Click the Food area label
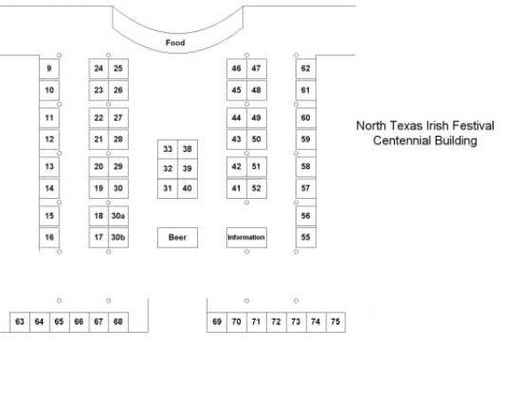175,43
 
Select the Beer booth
178,238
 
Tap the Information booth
247,238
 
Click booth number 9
49,68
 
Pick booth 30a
118,216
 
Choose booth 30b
118,238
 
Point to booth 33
168,149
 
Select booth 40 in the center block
187,188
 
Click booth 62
305,68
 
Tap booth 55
305,238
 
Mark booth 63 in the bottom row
20,322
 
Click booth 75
335,322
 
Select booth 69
217,322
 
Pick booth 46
237,68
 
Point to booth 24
99,68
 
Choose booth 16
49,238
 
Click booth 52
257,188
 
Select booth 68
118,322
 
